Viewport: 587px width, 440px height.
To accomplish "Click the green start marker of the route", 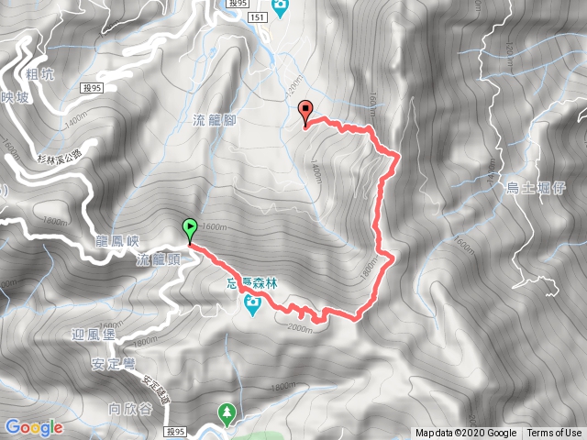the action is [x=190, y=229].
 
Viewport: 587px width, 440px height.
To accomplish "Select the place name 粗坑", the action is [x=41, y=75].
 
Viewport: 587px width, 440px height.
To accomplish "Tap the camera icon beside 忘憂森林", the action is [x=252, y=306].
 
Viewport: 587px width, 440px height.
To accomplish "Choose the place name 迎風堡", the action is [x=93, y=335].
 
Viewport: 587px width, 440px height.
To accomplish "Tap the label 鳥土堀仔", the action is [x=534, y=188].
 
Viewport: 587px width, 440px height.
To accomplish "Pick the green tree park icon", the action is [x=227, y=414].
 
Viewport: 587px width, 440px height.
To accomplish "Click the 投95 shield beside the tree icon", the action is [x=176, y=431].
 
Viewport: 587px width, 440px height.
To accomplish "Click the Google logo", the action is [x=33, y=427].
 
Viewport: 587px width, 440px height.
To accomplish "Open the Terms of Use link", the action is [x=554, y=434].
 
